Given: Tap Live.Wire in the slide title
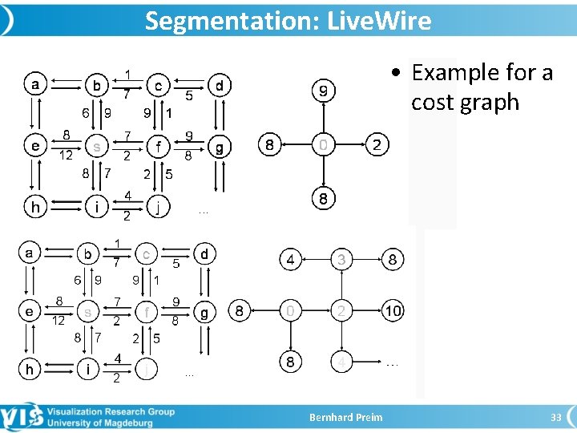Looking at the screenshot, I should (379, 21).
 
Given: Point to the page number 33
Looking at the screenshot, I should (555, 417).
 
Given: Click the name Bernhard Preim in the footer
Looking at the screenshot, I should (346, 417).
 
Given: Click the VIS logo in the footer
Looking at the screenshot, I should (22, 417).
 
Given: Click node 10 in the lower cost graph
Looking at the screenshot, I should (392, 310).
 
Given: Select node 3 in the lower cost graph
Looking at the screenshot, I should (341, 260).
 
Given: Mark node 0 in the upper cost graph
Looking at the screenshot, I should (323, 145).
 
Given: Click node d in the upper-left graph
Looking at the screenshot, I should (219, 84).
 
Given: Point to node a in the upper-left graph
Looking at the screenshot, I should (35, 83).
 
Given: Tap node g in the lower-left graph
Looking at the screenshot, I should (204, 313).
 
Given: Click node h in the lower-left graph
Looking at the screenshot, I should (30, 369).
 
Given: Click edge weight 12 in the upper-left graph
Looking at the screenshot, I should (67, 156).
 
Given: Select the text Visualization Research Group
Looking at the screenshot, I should (110, 411).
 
